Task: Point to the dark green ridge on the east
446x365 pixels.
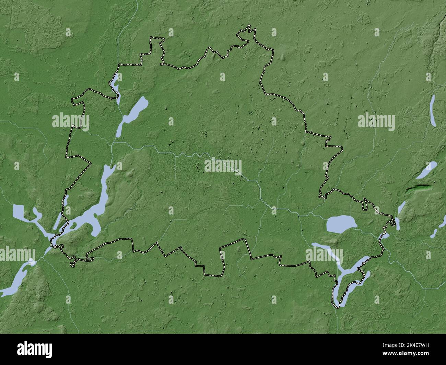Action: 418,188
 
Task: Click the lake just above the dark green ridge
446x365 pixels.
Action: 426,170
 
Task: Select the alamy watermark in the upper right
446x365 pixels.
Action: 376,122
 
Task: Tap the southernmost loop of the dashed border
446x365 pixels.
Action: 336,303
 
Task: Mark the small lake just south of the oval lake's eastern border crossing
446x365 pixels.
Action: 385,236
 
